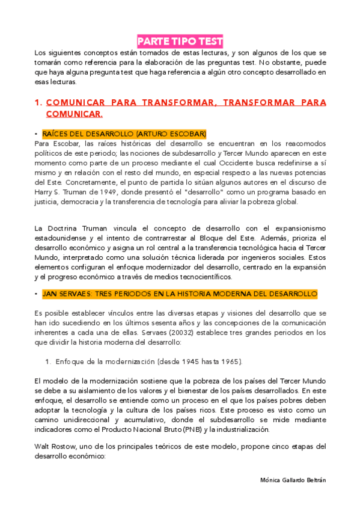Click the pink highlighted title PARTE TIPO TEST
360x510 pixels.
tap(180, 41)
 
